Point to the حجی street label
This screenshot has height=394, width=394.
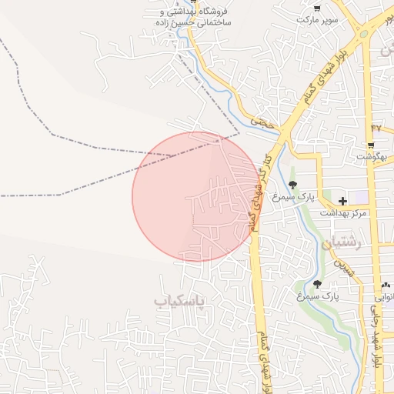(x=262, y=122)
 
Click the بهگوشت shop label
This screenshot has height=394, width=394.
(x=372, y=156)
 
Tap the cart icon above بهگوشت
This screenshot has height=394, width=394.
(x=371, y=144)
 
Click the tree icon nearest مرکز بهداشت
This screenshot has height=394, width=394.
(x=293, y=184)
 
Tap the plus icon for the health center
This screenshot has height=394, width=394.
(x=342, y=201)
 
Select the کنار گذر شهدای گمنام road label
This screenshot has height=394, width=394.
(x=253, y=192)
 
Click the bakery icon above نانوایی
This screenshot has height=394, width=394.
(x=386, y=284)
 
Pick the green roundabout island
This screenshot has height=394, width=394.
(x=362, y=32)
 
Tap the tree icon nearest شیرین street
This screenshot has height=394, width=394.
(x=317, y=284)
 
